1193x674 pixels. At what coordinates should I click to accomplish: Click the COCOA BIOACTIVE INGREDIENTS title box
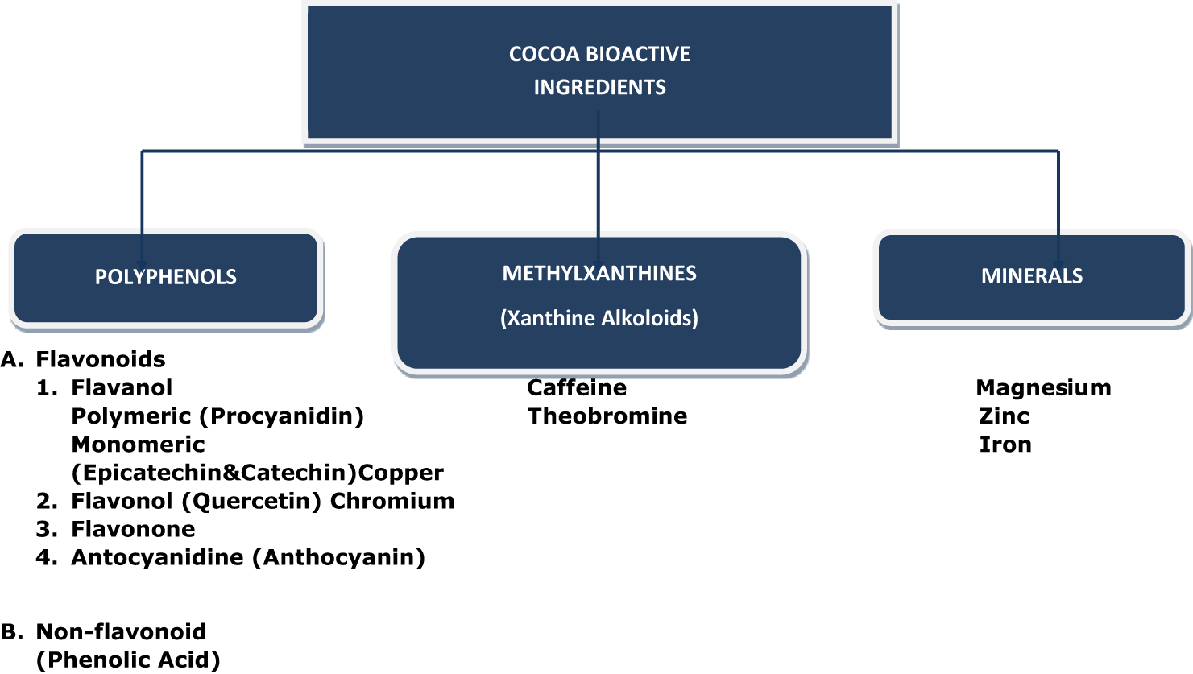point(599,71)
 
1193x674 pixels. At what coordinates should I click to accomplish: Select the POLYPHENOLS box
point(166,277)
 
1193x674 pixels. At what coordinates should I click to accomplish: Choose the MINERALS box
point(1031,276)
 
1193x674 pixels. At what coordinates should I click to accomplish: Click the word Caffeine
point(577,388)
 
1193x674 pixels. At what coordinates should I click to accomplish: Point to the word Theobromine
point(607,416)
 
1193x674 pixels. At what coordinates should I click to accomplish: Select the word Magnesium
point(1043,388)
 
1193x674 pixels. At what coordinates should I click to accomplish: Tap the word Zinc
point(1004,416)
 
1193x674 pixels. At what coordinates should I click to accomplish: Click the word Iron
point(1005,445)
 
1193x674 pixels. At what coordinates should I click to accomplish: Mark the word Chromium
point(392,501)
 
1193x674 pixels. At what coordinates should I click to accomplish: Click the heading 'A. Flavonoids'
point(84,359)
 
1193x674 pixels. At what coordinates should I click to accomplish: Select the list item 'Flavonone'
point(133,529)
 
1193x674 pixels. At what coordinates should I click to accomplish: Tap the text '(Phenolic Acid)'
point(128,660)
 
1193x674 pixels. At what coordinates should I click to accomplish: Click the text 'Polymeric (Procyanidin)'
point(217,416)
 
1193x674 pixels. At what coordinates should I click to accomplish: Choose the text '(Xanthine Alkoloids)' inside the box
point(599,318)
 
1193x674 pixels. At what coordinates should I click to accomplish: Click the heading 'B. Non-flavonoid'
point(104,631)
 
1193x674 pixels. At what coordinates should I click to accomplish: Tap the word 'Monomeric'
point(138,445)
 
